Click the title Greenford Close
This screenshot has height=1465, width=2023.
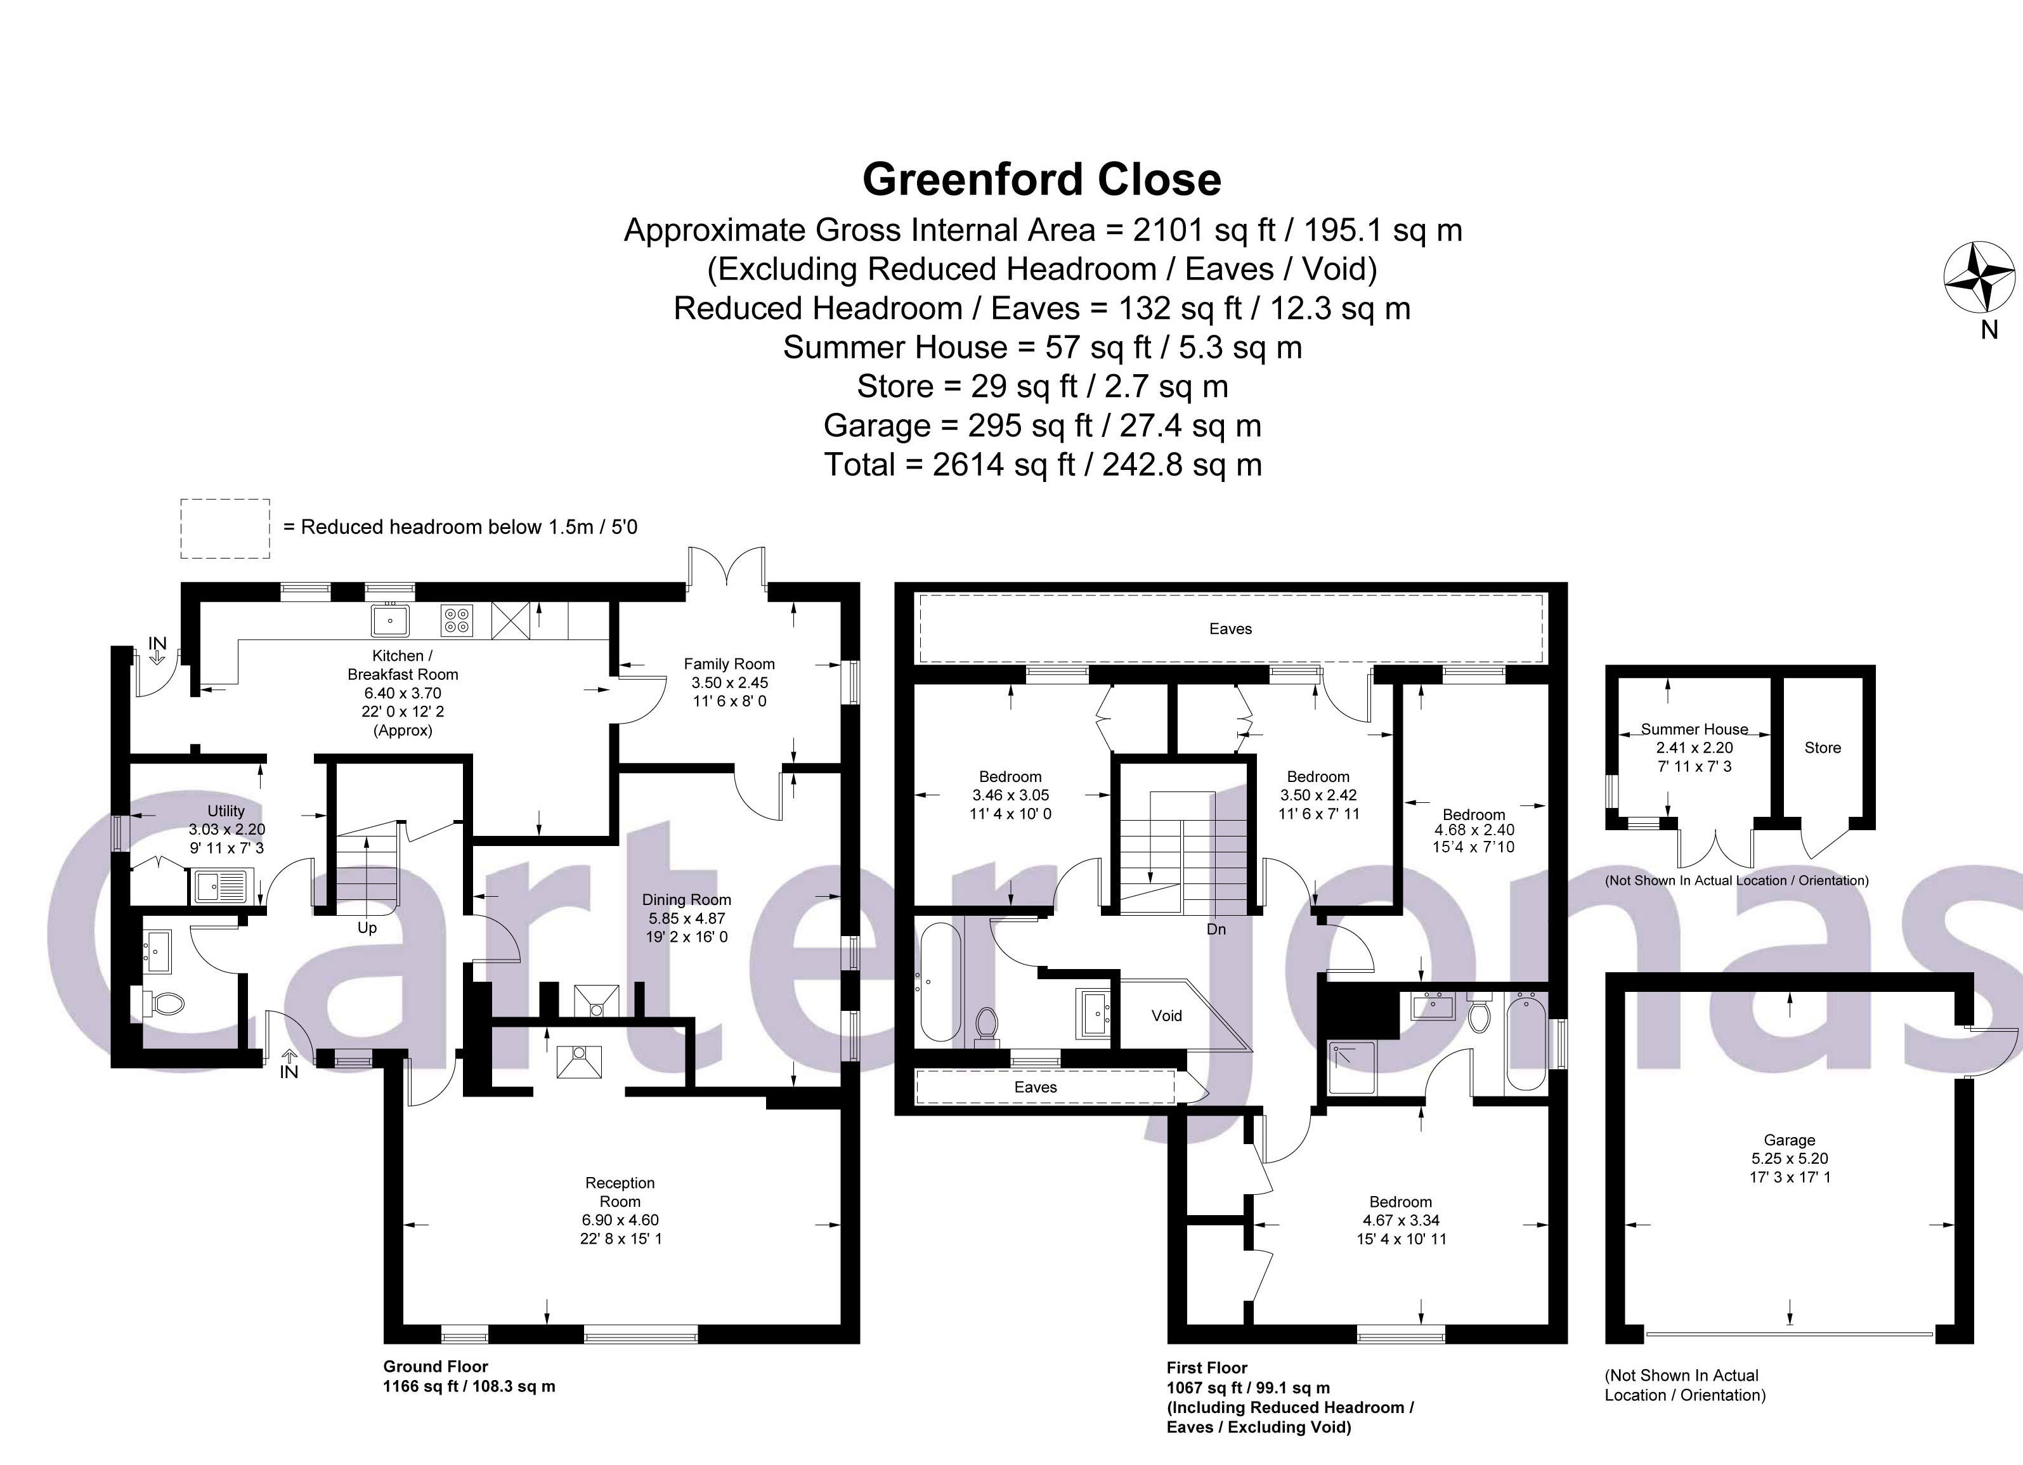click(x=1041, y=179)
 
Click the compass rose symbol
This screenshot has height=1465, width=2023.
click(x=1979, y=278)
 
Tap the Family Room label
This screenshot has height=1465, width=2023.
click(x=729, y=664)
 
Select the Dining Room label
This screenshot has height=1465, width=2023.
click(x=686, y=900)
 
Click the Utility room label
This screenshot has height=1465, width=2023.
click(x=226, y=811)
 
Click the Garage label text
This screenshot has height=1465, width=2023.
click(x=1789, y=1140)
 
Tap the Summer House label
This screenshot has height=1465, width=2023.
click(x=1694, y=729)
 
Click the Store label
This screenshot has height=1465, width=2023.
click(x=1823, y=748)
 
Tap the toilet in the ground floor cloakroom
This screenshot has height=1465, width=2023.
click(x=162, y=1005)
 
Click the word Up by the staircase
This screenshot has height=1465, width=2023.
click(x=367, y=928)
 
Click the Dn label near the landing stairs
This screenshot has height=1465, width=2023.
click(x=1216, y=930)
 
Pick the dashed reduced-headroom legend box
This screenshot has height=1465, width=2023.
click(x=224, y=529)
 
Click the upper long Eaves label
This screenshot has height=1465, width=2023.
click(x=1230, y=629)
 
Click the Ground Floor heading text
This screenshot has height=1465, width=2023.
click(x=435, y=1366)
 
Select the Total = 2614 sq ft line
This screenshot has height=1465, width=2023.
click(x=1042, y=465)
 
